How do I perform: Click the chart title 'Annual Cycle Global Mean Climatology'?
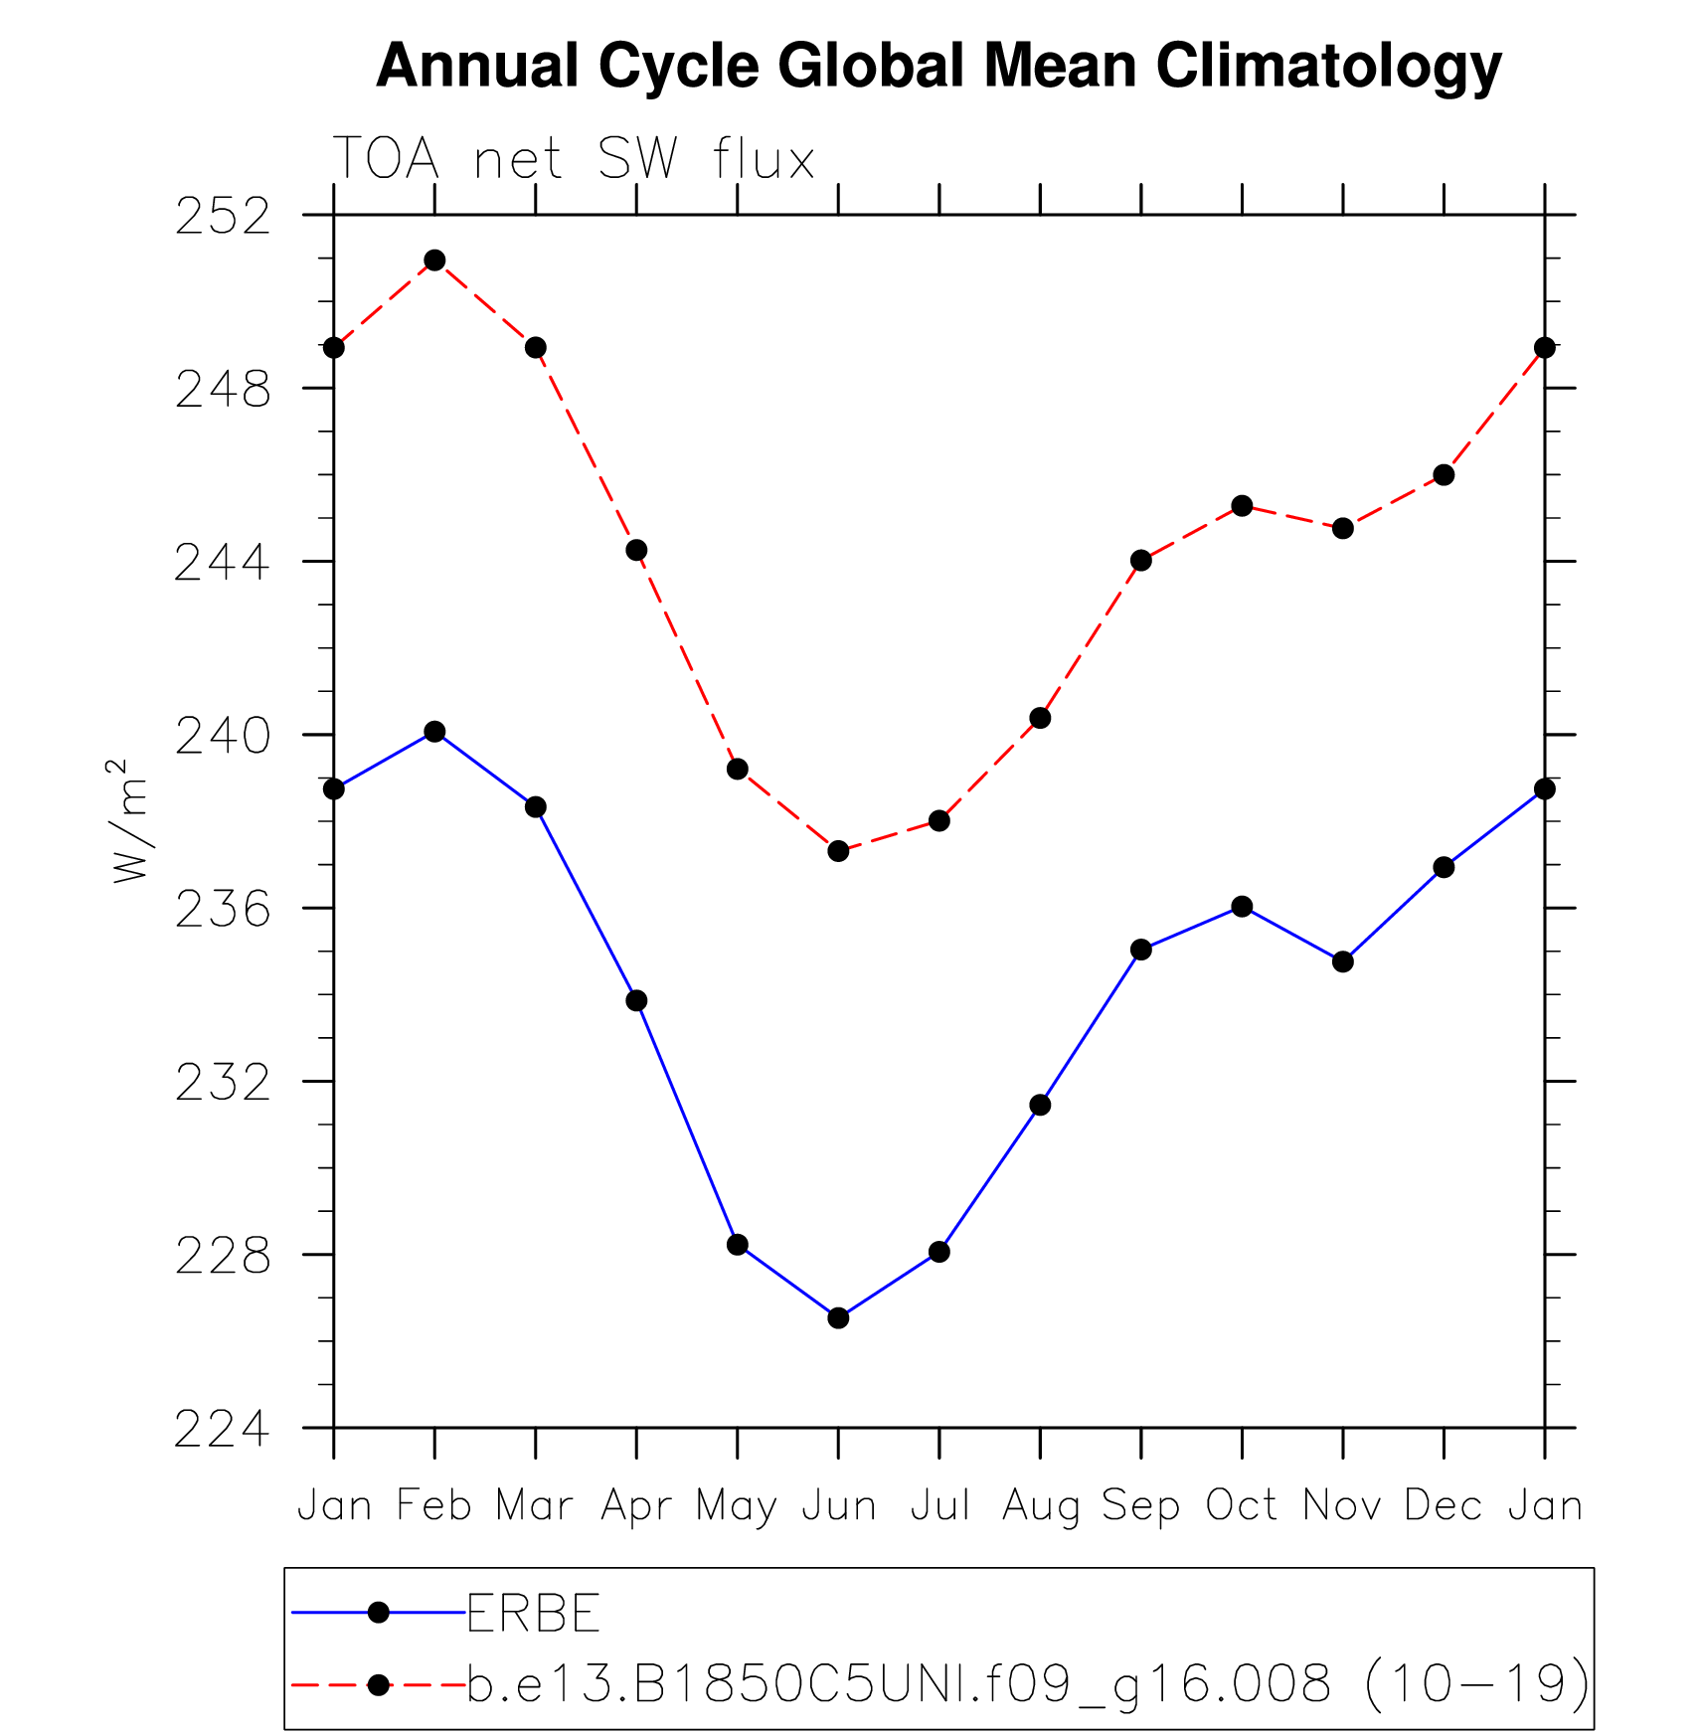click(x=937, y=67)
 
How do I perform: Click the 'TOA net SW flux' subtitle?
click(x=573, y=159)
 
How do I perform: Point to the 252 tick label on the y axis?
click(x=223, y=217)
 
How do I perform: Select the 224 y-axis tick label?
click(x=223, y=1430)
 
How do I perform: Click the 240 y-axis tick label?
click(x=223, y=737)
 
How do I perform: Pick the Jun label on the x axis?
click(x=838, y=1505)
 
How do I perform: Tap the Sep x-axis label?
click(x=1140, y=1505)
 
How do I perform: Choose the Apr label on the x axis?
click(x=636, y=1505)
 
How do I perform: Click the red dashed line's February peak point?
click(x=434, y=260)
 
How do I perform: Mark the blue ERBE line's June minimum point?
click(x=838, y=1318)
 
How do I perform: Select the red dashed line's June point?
click(x=838, y=851)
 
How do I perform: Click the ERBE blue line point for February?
click(x=434, y=732)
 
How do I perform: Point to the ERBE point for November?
click(x=1343, y=961)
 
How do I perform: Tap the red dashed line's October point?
click(x=1242, y=506)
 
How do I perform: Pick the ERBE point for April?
click(x=636, y=1000)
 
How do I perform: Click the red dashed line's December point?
click(x=1444, y=475)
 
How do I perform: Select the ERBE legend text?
click(x=533, y=1613)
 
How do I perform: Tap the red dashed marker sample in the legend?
click(x=378, y=1684)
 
